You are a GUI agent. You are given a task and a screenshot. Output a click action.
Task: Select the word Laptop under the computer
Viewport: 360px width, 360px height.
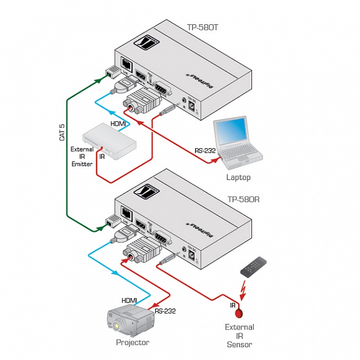[238, 178]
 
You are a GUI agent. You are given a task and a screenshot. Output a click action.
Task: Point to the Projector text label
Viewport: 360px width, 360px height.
[132, 342]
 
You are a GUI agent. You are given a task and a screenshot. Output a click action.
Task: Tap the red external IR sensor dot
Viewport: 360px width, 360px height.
[240, 313]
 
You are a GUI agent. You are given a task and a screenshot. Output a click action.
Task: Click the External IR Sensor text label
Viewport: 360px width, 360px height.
[239, 336]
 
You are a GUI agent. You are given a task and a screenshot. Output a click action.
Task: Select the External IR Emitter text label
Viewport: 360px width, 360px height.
[81, 157]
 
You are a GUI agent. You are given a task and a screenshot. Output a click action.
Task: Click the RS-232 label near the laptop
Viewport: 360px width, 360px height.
[204, 150]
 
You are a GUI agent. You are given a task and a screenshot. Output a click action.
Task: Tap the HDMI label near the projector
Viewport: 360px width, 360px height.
[129, 300]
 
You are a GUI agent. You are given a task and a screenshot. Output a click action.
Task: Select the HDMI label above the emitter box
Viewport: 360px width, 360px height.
[118, 124]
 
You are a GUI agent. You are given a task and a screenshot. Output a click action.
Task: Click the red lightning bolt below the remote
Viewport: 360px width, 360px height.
[242, 289]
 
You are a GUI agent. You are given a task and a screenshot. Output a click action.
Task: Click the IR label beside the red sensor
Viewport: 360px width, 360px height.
[233, 305]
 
